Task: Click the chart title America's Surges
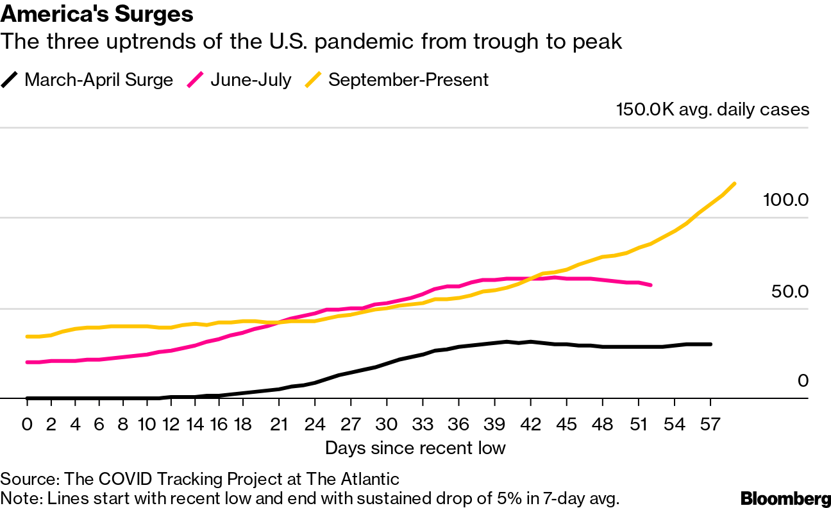(97, 13)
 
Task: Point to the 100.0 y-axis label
(786, 199)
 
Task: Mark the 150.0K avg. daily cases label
(712, 110)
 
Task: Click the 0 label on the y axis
(803, 381)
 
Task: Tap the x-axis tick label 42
(530, 424)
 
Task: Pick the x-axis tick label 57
(710, 424)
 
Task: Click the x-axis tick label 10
(147, 424)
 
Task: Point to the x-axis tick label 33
(423, 424)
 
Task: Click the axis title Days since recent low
(415, 448)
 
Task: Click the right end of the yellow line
(734, 183)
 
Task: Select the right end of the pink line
(651, 285)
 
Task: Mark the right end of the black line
(710, 344)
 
